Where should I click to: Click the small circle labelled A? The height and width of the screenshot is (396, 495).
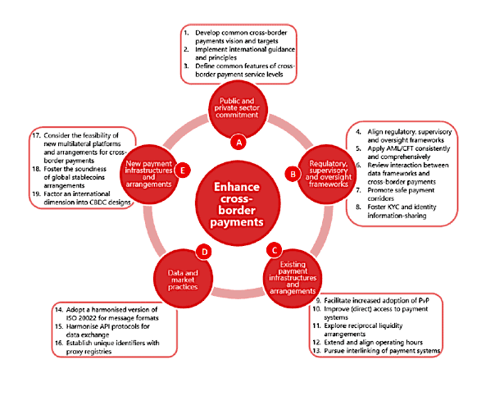239,141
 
